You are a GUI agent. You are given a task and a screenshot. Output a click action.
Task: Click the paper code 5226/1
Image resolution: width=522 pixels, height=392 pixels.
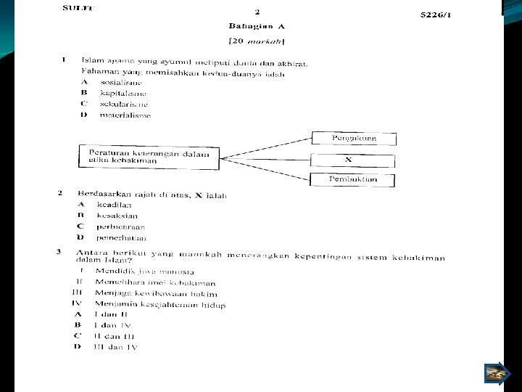tap(436, 15)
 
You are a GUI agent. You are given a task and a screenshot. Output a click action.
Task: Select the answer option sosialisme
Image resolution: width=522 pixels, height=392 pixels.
tap(122, 83)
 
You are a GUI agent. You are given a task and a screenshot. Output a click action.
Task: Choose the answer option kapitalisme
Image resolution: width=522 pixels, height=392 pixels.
tap(123, 94)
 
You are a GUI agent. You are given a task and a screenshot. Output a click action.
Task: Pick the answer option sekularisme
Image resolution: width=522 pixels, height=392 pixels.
tap(123, 104)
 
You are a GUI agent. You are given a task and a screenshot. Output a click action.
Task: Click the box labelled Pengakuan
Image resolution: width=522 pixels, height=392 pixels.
tap(353, 138)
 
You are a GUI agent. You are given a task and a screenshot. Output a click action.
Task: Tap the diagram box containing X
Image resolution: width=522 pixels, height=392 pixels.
tap(353, 159)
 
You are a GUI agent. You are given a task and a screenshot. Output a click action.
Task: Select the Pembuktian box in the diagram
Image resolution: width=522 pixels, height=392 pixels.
tap(353, 180)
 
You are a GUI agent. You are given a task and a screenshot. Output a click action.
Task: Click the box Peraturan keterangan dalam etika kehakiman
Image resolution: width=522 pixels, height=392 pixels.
tap(149, 157)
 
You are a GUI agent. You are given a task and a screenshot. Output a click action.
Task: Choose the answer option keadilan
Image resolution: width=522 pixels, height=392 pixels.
tap(120, 205)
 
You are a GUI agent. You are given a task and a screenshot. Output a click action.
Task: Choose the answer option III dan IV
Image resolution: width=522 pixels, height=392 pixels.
tap(115, 347)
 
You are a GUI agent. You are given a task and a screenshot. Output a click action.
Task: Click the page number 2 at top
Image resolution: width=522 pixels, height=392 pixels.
tap(257, 12)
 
